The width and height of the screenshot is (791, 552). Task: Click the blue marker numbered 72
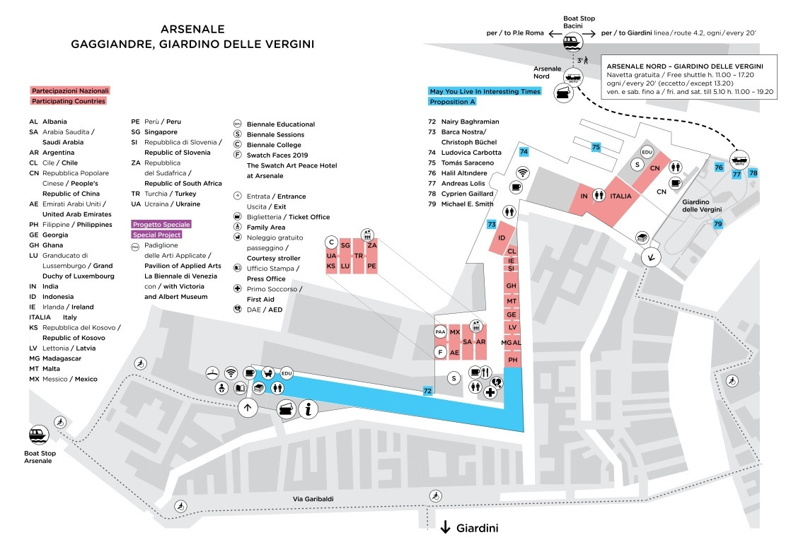[427, 390]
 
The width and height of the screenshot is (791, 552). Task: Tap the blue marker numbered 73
[492, 224]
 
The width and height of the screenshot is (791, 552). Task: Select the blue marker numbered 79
[718, 224]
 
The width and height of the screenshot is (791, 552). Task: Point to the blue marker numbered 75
[596, 147]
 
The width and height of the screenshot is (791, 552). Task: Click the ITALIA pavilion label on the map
[620, 196]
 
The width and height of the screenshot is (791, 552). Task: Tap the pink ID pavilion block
[502, 237]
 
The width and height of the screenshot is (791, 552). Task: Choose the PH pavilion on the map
[513, 360]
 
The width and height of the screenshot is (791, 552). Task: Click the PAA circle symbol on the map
[440, 332]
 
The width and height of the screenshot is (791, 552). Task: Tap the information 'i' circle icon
[308, 409]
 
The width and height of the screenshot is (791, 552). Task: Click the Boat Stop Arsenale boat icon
[37, 435]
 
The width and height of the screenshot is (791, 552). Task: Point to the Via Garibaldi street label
[313, 499]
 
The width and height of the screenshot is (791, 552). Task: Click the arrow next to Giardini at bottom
[446, 527]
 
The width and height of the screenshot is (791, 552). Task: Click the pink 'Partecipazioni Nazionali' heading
[70, 90]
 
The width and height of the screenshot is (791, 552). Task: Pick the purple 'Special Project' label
[156, 235]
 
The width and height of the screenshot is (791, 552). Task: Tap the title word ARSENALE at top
[192, 30]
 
